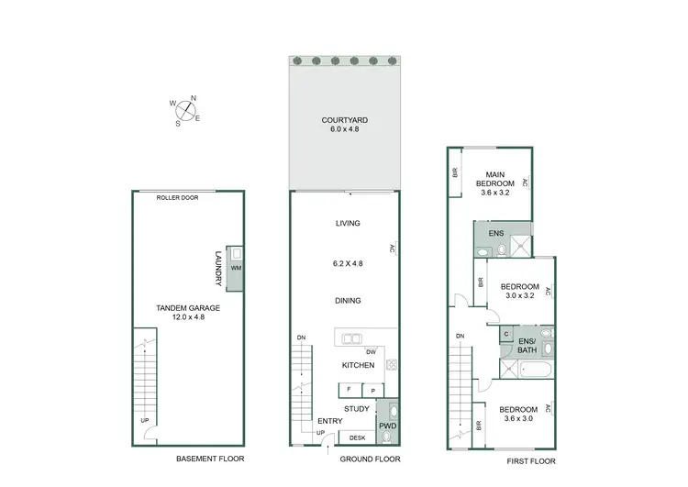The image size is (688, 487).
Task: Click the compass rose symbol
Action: [186, 110]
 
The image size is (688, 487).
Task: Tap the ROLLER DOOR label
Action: [173, 196]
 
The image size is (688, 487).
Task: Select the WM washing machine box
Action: [236, 268]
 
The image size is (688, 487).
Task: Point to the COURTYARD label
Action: [344, 120]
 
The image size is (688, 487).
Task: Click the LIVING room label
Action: [348, 224]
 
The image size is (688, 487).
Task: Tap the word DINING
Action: [348, 301]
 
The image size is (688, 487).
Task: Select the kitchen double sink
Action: [353, 338]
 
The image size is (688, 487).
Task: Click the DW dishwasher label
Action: [371, 351]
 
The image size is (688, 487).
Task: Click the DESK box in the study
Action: [357, 437]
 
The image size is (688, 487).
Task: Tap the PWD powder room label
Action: [387, 426]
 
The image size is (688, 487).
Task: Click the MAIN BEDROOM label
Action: [495, 179]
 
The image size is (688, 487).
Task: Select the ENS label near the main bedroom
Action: [495, 234]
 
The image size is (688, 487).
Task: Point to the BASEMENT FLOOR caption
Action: [210, 459]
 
